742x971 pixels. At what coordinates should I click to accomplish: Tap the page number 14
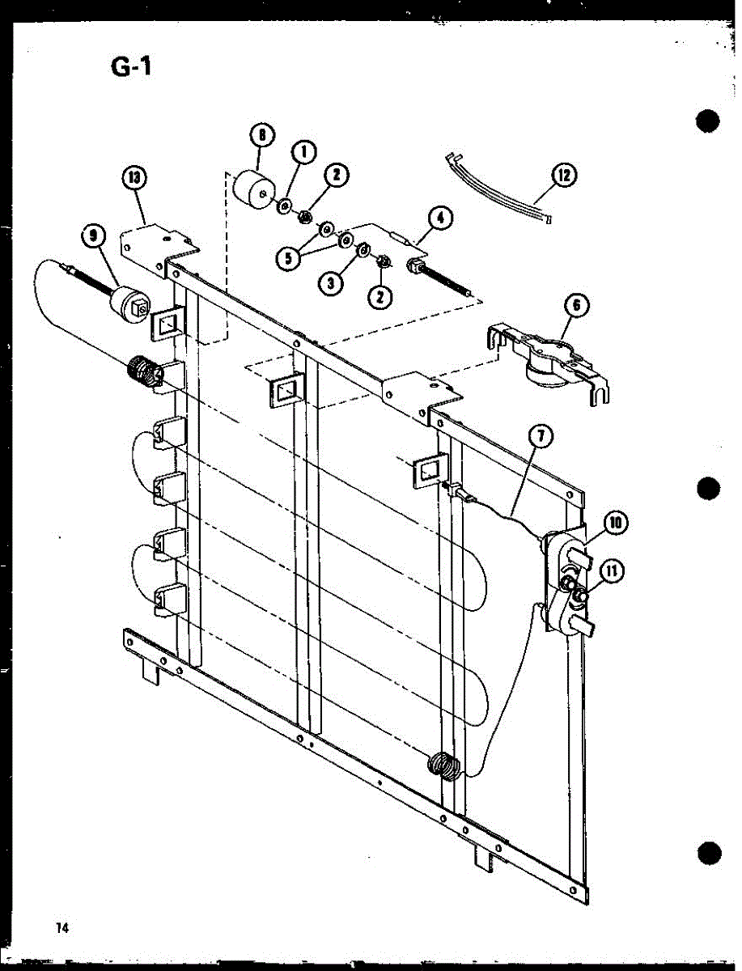(61, 927)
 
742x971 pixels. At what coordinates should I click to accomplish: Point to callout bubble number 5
(288, 260)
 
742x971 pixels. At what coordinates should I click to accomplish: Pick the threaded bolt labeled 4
(441, 275)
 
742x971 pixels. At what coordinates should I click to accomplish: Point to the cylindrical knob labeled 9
(129, 305)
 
